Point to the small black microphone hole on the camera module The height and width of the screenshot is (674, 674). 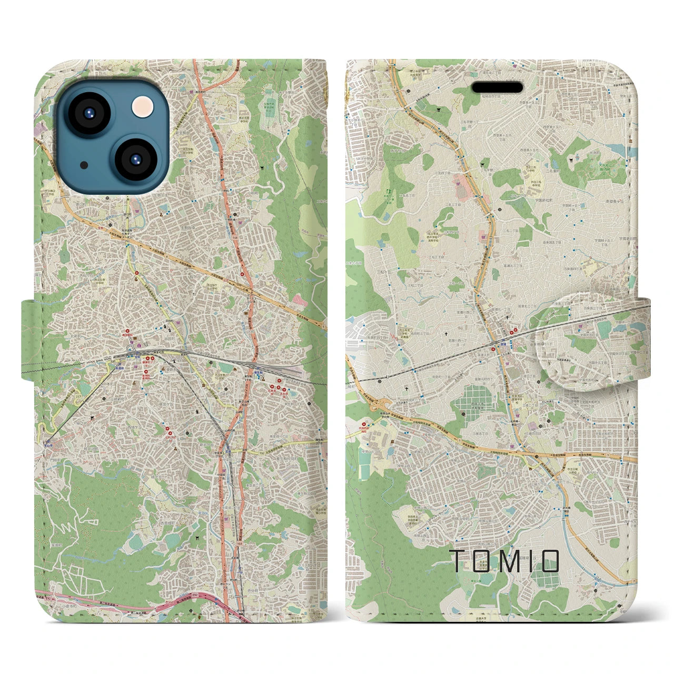(84, 164)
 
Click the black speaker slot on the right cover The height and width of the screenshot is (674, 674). (497, 87)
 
